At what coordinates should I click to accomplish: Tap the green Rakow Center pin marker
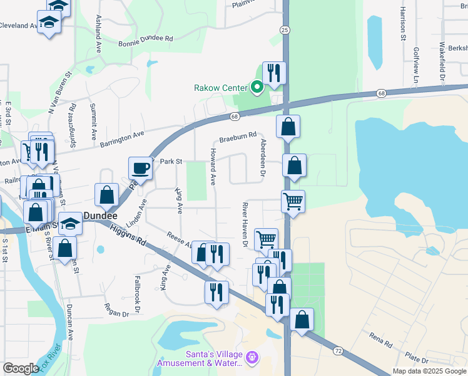point(257,88)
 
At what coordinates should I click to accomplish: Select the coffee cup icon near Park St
point(140,168)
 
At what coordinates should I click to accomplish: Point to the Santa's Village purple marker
point(252,357)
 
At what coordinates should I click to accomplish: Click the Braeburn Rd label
point(238,135)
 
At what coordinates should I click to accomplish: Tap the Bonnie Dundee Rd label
point(145,39)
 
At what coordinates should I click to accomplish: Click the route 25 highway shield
point(285,30)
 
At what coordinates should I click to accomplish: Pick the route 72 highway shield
point(338,351)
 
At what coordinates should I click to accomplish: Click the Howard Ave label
point(213,167)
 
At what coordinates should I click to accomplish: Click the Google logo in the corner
point(21,368)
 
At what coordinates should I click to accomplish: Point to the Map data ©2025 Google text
point(429,371)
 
